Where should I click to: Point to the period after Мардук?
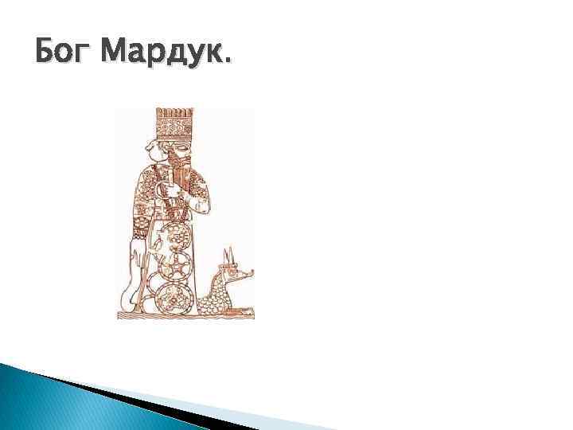click(230, 63)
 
